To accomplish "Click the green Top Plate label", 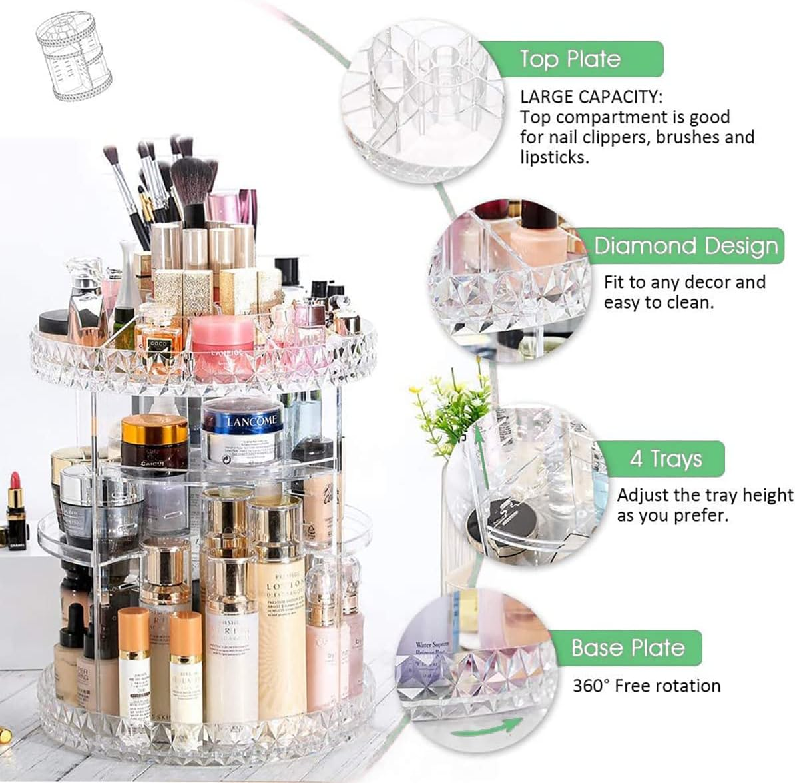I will pos(570,59).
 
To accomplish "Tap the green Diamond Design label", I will pos(686,246).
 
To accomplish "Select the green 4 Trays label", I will pos(666,459).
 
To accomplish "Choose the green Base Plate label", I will pos(627,648).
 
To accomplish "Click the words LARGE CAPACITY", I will pos(591,97).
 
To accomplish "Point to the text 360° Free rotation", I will pos(647,686).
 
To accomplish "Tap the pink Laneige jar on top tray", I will pos(222,340).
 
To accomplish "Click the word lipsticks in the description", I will pos(554,158).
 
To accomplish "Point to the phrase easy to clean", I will pos(658,302).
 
